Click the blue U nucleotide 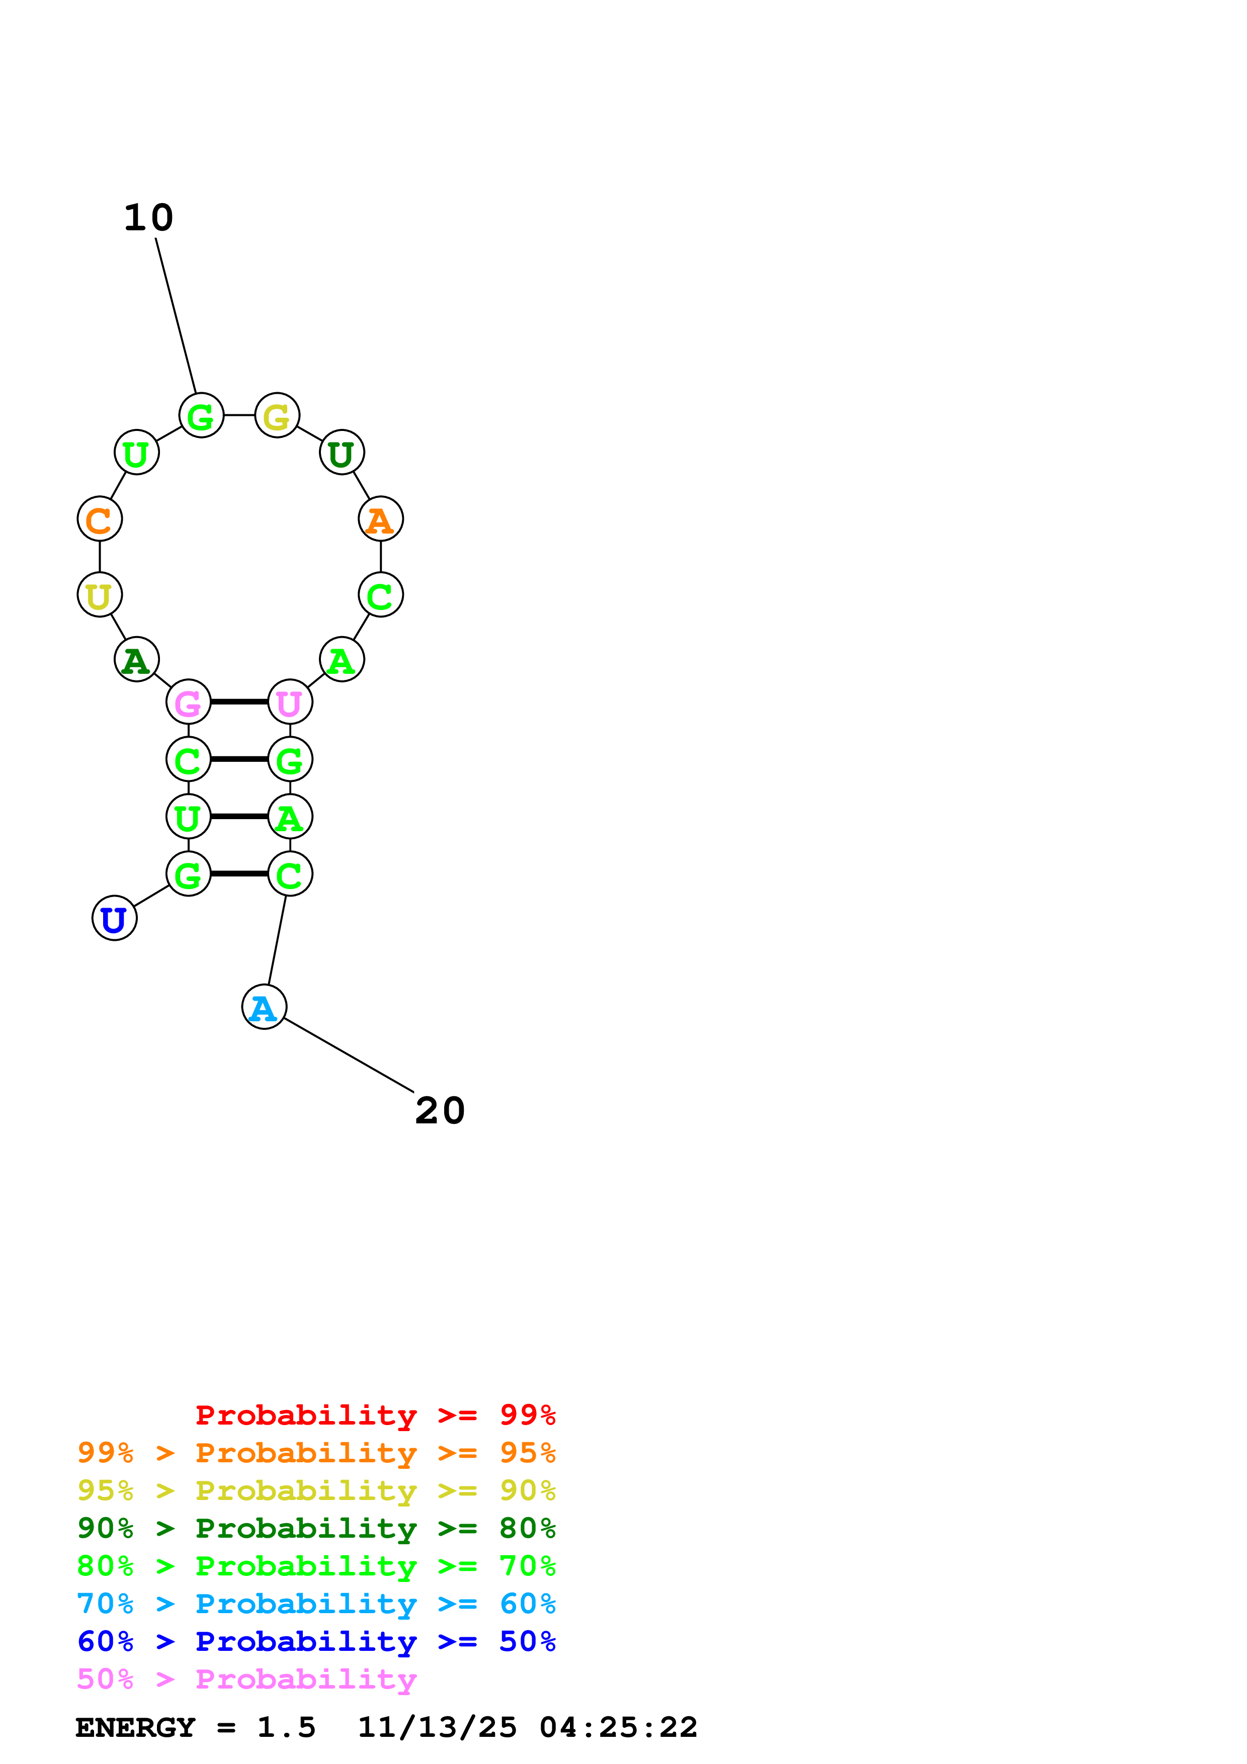pos(115,918)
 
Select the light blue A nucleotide pos(264,1007)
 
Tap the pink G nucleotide pos(188,702)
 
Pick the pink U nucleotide pos(290,702)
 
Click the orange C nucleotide pos(100,519)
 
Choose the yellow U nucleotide pos(100,595)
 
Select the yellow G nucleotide pos(277,416)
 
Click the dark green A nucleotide pos(137,660)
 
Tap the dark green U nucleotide pos(342,453)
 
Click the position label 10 pos(149,218)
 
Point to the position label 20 pos(440,1111)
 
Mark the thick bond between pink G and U pos(239,701)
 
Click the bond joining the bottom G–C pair pos(239,873)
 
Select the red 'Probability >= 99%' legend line pos(376,1415)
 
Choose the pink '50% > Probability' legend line pos(246,1680)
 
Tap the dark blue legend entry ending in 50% pos(316,1642)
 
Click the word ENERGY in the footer pos(135,1728)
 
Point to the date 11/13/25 pos(437,1728)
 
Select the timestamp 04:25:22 pos(619,1728)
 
